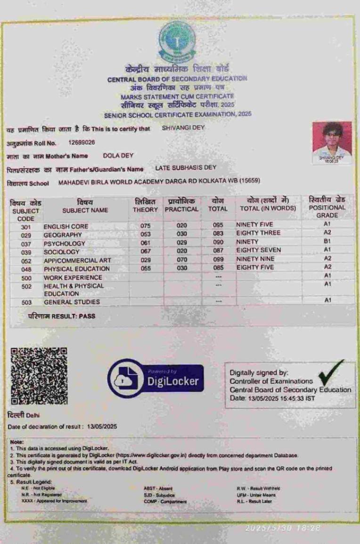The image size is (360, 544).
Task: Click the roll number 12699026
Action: click(x=82, y=142)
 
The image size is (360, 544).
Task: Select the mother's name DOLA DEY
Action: click(x=118, y=155)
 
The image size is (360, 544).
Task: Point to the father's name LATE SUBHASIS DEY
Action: click(x=186, y=168)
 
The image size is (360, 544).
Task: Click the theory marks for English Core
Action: click(x=146, y=226)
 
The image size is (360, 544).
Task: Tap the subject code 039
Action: click(x=26, y=252)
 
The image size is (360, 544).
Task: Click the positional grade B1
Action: click(x=328, y=241)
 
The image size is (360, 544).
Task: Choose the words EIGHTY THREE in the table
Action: click(x=258, y=233)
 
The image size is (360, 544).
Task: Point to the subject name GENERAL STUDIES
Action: click(x=72, y=302)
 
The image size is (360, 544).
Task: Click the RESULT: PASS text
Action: click(x=61, y=316)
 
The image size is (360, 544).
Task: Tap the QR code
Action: click(x=39, y=376)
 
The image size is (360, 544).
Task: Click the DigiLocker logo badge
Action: click(x=155, y=379)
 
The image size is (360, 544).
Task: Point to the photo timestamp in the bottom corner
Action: click(x=283, y=528)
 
